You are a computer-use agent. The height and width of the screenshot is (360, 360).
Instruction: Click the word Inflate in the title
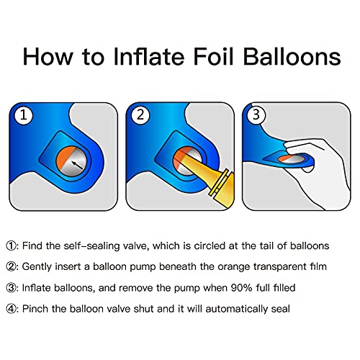150,56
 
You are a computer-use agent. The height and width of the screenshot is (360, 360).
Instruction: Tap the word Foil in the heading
213,56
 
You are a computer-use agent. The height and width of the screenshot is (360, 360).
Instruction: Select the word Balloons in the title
292,56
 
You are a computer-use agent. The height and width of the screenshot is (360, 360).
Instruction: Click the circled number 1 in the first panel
23,115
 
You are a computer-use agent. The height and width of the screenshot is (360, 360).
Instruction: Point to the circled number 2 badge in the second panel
140,115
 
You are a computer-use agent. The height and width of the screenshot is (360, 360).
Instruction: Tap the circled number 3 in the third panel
256,115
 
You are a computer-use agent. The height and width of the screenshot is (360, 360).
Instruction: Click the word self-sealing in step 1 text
91,246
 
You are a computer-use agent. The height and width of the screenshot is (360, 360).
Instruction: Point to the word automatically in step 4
237,309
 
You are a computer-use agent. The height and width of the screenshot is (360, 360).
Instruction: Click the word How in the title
48,56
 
